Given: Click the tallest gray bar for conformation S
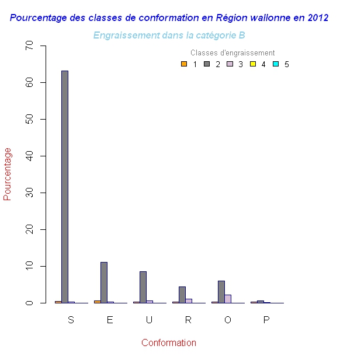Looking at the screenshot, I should pyautogui.click(x=64, y=187).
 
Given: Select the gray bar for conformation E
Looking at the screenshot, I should pyautogui.click(x=103, y=282).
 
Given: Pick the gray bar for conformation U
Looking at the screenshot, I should pyautogui.click(x=143, y=287).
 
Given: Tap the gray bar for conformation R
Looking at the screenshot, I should pyautogui.click(x=182, y=295).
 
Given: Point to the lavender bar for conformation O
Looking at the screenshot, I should pyautogui.click(x=227, y=299).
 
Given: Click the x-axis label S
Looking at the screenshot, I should pyautogui.click(x=71, y=320).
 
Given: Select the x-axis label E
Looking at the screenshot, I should pyautogui.click(x=110, y=320).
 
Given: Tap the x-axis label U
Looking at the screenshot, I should pyautogui.click(x=149, y=320).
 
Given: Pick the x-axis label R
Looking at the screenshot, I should pyautogui.click(x=188, y=320).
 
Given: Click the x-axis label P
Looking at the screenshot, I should pyautogui.click(x=266, y=320).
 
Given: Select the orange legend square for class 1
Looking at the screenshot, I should pyautogui.click(x=183, y=64).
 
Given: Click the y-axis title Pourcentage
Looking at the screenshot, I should pyautogui.click(x=8, y=174).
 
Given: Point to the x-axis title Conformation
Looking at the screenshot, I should pyautogui.click(x=168, y=343).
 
